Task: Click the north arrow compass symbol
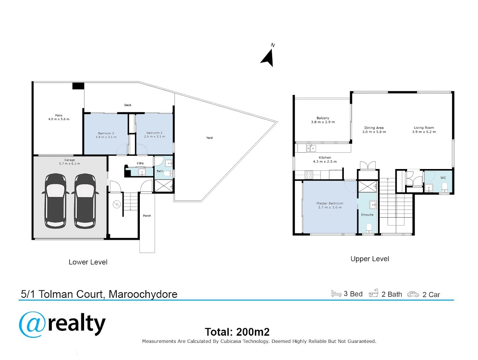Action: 268,57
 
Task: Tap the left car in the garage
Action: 55,201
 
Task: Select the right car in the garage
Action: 85,201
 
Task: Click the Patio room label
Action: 59,117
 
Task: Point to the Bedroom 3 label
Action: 106,135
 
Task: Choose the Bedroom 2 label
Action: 155,135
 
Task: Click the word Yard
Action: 209,138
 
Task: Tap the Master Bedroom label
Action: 330,205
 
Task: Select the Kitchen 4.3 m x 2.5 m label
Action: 325,159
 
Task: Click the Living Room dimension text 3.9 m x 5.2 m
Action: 424,132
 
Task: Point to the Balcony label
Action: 323,120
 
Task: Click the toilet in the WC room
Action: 444,188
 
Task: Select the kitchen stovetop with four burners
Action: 309,175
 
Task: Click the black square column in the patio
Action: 78,86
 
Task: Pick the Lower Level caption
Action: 88,262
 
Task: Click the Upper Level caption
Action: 370,259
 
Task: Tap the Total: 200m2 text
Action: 237,332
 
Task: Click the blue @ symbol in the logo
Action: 32,325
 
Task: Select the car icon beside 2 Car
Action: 413,294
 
